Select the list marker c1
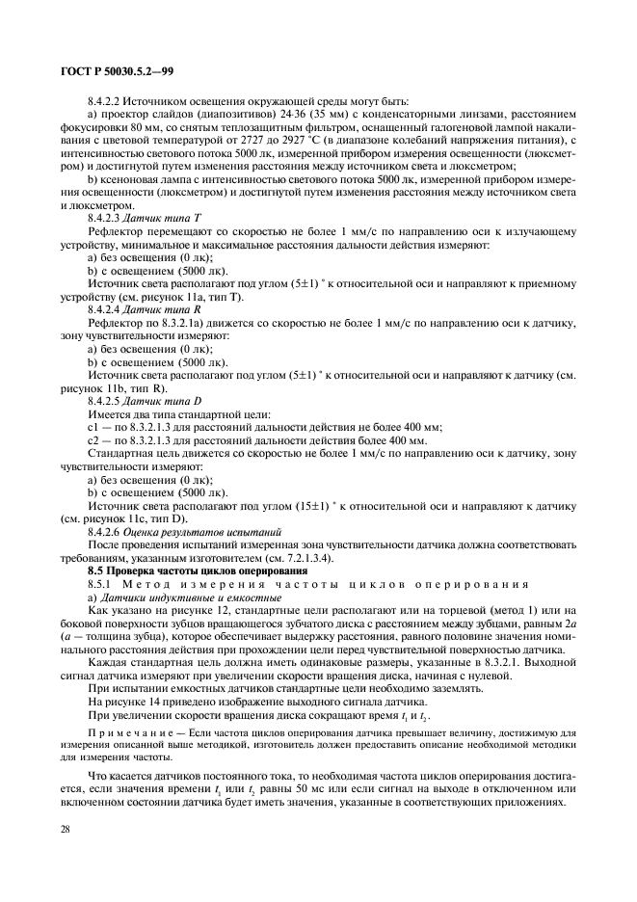(x=94, y=426)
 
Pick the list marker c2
(x=94, y=439)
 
